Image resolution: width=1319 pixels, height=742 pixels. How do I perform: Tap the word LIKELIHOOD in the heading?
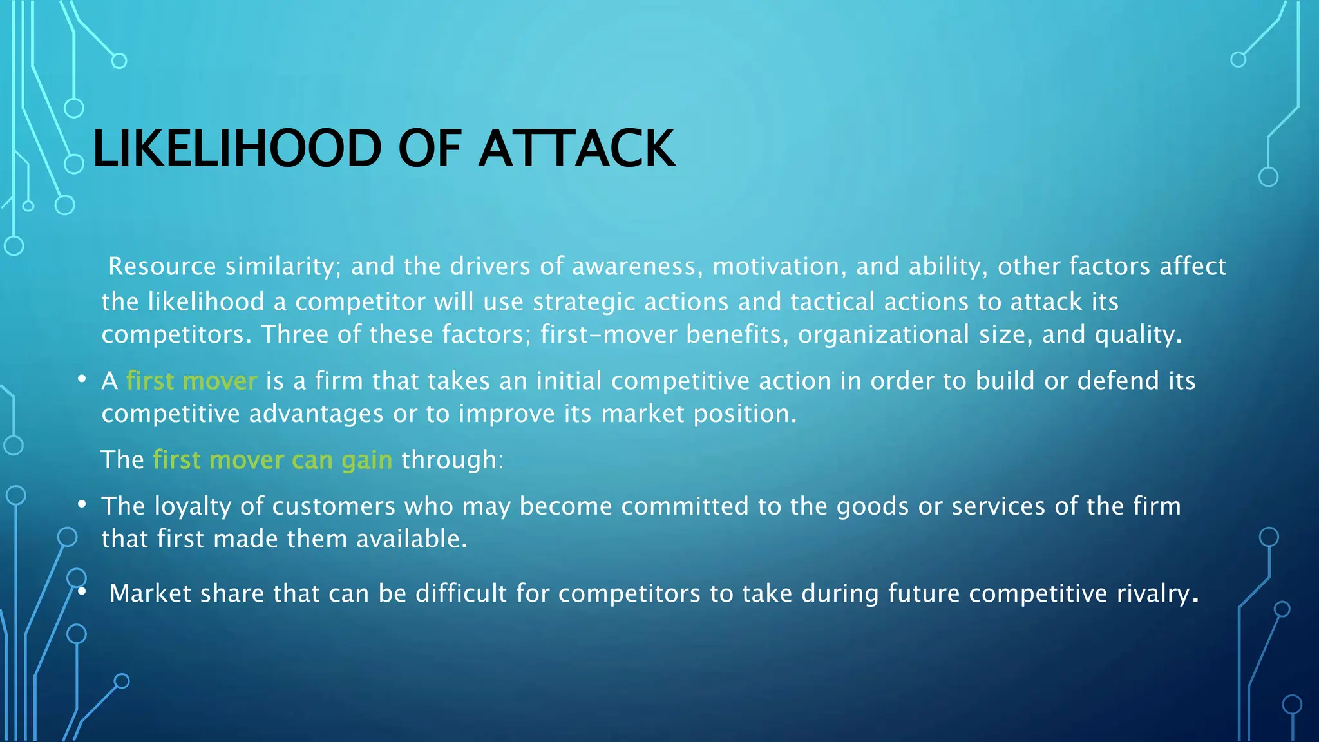[x=238, y=149]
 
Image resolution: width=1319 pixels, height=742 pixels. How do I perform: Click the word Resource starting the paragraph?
[x=162, y=267]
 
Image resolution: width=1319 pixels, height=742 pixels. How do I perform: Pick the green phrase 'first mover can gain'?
[x=272, y=461]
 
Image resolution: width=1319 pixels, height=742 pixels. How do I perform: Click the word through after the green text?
[x=452, y=461]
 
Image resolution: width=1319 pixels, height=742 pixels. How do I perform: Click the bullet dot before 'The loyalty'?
[x=82, y=505]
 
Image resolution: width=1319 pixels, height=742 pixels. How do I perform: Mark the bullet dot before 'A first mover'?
[x=82, y=380]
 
